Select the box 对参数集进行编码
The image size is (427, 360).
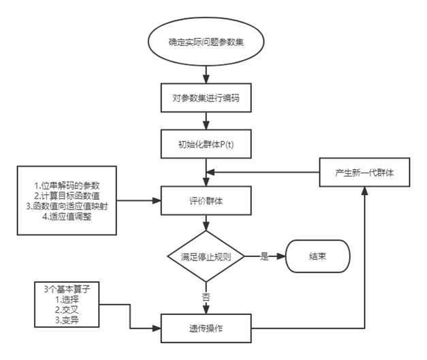(206, 98)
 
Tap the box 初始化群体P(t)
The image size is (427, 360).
(206, 144)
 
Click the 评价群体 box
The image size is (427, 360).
(206, 200)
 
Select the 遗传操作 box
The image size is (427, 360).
(206, 329)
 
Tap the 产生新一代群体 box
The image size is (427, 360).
(364, 172)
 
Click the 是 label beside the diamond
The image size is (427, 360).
(264, 256)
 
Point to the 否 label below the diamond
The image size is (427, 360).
(206, 297)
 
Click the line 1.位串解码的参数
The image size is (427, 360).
(67, 185)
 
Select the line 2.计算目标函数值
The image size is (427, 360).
(67, 196)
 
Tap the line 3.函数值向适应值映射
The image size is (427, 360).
(67, 206)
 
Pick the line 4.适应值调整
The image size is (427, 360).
(67, 217)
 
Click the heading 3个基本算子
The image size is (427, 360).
(67, 289)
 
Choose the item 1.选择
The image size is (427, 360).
(67, 299)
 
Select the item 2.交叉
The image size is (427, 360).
(67, 310)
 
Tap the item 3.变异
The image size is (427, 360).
(67, 320)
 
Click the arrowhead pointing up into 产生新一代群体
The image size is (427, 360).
(364, 191)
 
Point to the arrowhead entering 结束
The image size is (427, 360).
(281, 256)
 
